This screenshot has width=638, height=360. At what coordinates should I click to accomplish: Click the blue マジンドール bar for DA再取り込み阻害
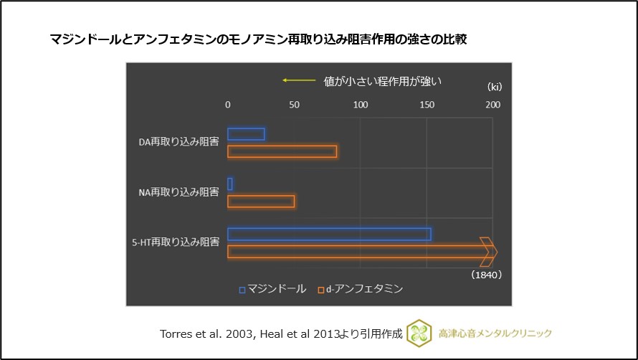tap(246, 134)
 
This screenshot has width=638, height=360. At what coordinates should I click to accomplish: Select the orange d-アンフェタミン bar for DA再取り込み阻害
tap(282, 152)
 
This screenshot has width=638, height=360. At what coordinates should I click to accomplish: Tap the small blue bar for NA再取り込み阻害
tap(230, 184)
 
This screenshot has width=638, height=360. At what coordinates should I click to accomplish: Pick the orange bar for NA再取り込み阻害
tap(261, 202)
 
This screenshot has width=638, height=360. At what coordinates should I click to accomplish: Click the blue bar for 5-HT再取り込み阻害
tap(329, 235)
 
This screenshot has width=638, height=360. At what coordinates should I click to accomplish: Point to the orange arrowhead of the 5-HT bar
tap(489, 252)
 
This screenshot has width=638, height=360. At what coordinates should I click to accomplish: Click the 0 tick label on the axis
tap(228, 105)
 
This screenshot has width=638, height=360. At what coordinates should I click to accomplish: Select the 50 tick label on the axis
tap(294, 105)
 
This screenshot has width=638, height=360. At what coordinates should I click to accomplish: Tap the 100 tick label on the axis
tap(361, 105)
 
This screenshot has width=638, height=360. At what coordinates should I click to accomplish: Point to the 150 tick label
tap(427, 105)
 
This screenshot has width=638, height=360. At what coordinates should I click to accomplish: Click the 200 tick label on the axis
tap(492, 105)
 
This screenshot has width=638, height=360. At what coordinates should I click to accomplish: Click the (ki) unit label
tap(495, 87)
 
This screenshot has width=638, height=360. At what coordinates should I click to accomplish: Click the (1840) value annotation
tap(487, 275)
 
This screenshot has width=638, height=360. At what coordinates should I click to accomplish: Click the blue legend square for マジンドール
tap(242, 290)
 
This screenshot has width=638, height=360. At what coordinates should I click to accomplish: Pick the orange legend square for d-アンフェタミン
tap(320, 290)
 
